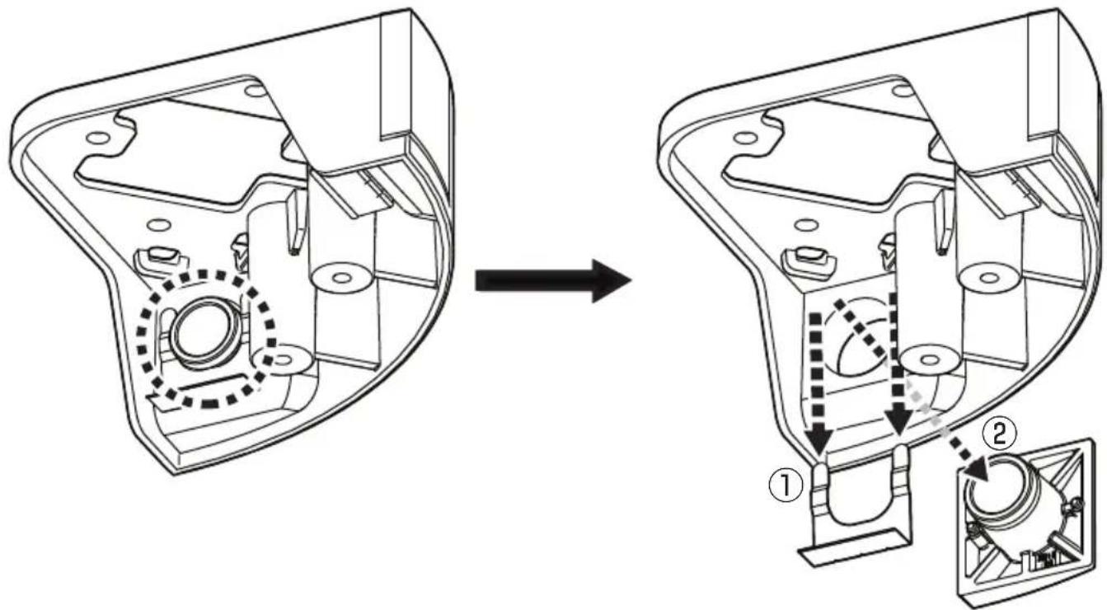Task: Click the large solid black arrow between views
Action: click(x=552, y=281)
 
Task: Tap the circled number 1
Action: click(x=785, y=485)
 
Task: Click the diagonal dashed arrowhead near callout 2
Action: click(x=974, y=468)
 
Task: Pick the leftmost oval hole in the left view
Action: click(x=97, y=137)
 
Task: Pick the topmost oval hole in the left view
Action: click(x=256, y=91)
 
